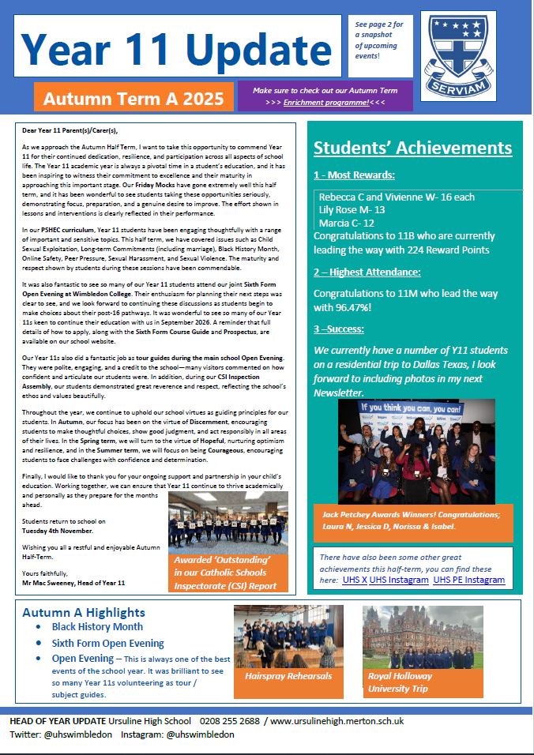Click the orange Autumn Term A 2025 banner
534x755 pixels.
tap(133, 100)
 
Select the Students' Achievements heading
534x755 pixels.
tap(413, 148)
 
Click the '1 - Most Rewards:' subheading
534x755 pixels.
tap(354, 175)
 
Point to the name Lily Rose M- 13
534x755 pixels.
tap(352, 209)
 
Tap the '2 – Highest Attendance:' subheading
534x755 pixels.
tap(367, 272)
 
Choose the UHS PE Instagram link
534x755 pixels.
tap(468, 580)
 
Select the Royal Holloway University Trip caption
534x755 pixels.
tap(400, 682)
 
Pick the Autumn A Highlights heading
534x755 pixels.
tap(84, 612)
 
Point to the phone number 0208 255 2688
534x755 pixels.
tap(232, 721)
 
